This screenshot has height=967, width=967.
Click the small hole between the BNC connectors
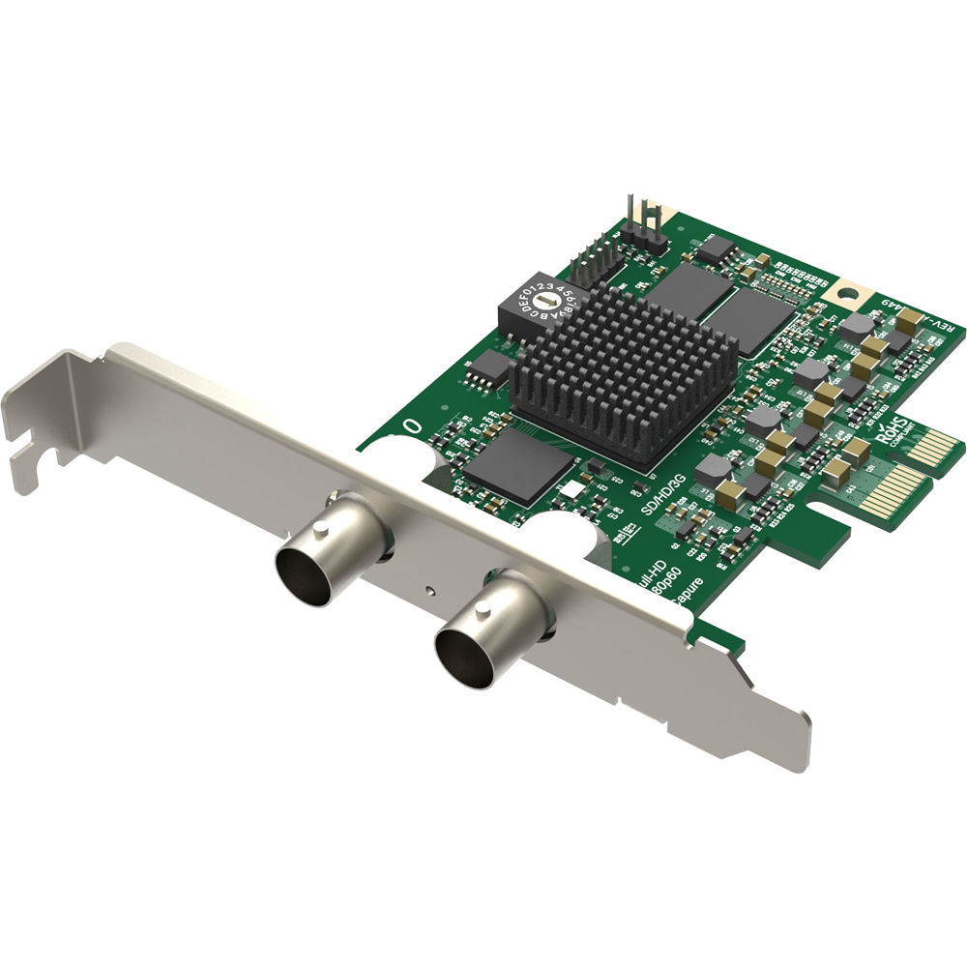pyautogui.click(x=426, y=587)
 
